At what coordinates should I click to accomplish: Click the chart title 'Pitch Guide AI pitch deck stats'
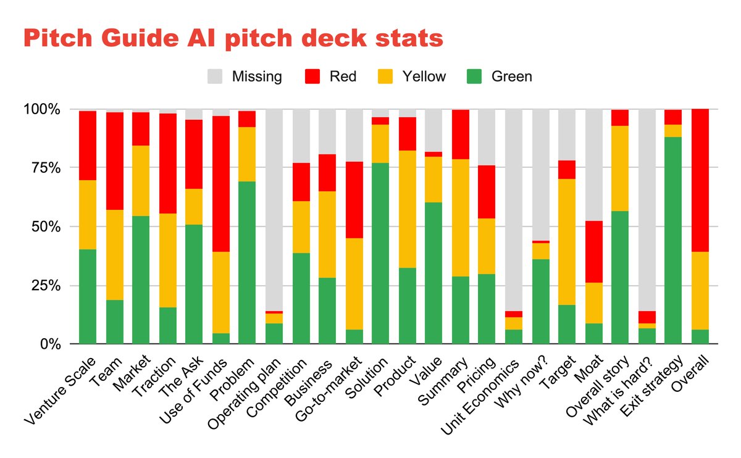[233, 38]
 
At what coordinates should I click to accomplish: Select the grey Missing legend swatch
[216, 77]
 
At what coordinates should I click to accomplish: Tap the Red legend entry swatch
[314, 77]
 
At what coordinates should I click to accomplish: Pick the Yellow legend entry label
[424, 77]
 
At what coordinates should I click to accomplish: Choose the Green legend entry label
[511, 77]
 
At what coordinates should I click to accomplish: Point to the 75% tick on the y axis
[44, 168]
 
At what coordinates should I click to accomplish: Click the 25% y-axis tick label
[44, 285]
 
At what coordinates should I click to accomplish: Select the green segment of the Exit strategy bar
[673, 240]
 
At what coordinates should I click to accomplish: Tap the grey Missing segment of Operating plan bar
[274, 210]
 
